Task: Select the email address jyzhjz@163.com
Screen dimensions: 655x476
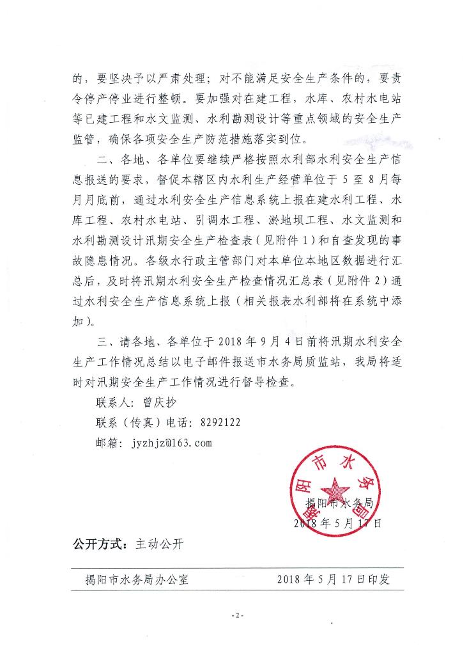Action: tap(165, 442)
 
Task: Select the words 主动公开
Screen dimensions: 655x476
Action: tap(159, 544)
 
